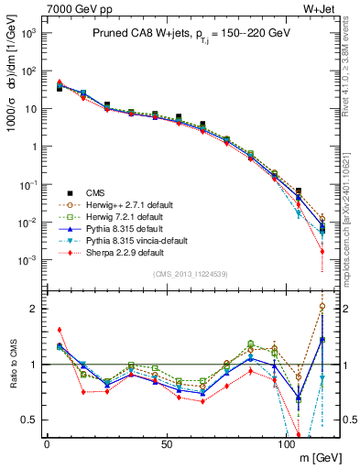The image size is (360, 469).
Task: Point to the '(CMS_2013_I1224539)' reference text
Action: coord(191,272)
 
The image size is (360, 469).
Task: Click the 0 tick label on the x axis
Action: coord(47,444)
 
